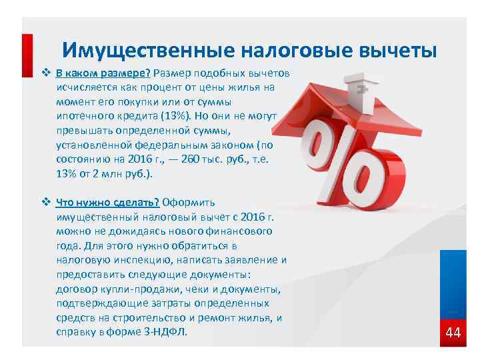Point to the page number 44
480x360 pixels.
[453, 332]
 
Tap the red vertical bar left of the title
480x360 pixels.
[27, 57]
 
